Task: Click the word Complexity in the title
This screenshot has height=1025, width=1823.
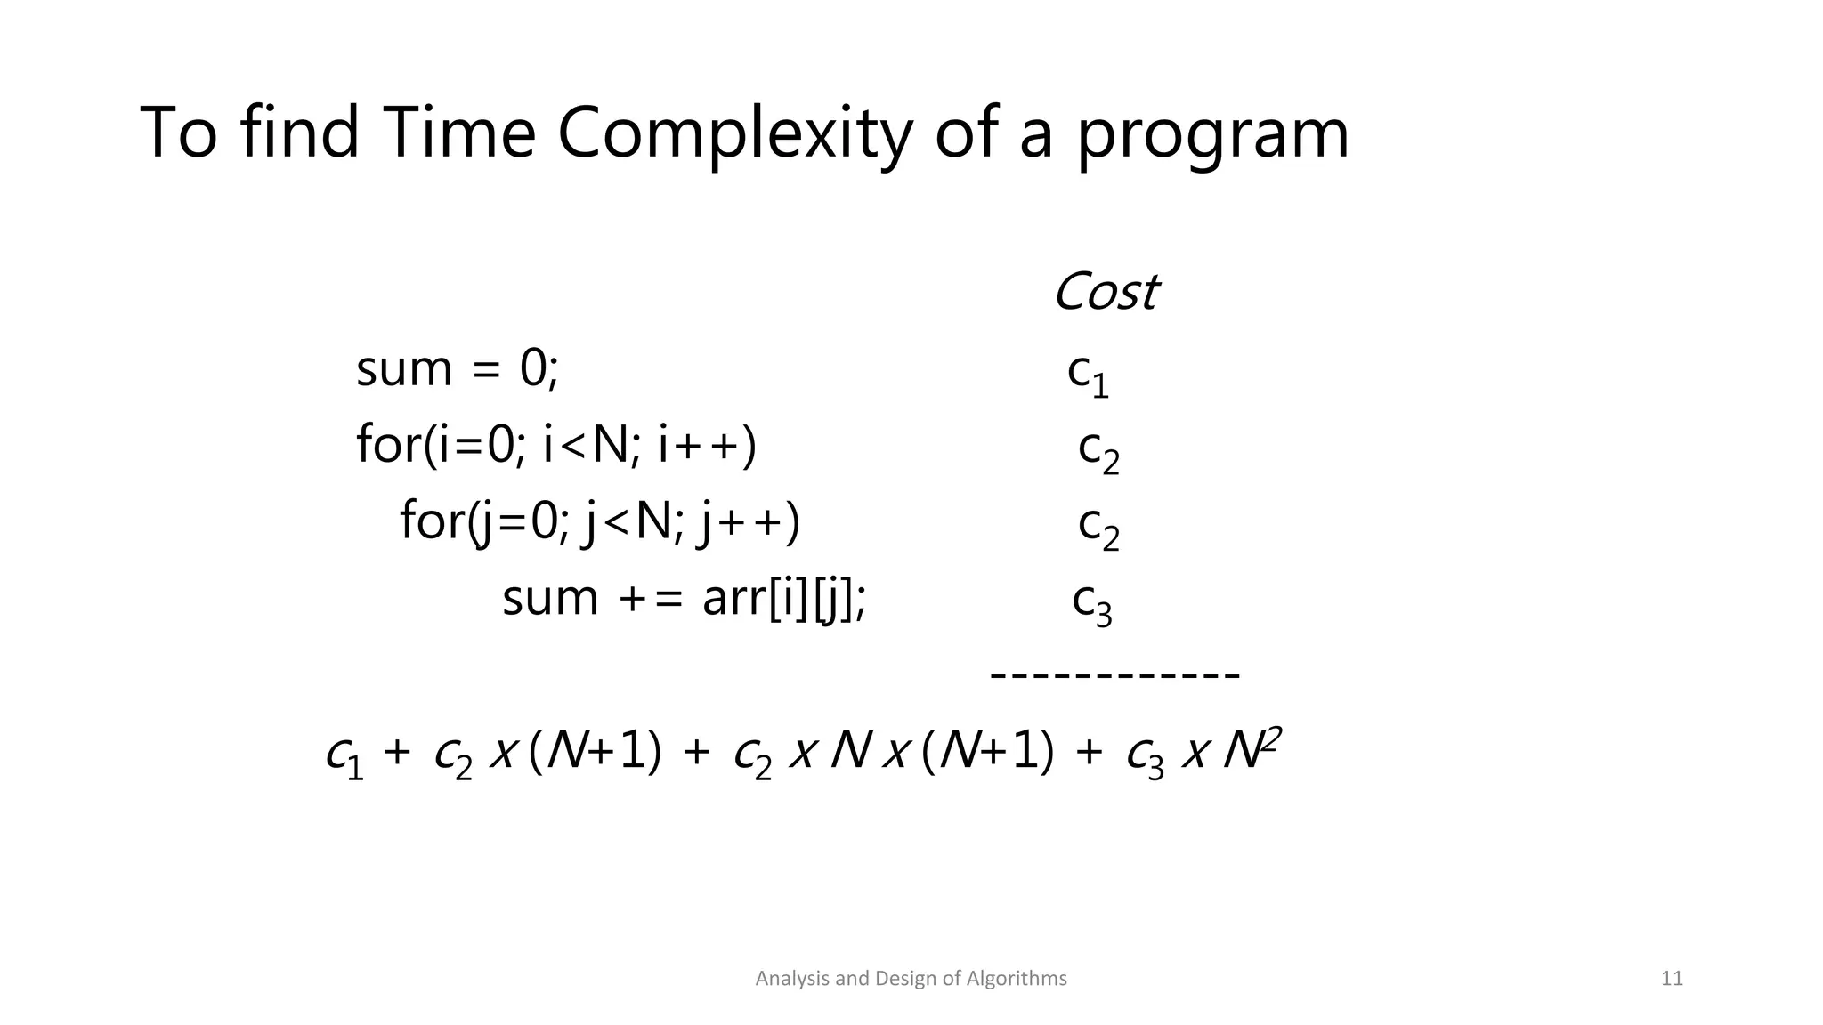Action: tap(734, 133)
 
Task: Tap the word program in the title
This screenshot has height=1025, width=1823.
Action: tap(1212, 135)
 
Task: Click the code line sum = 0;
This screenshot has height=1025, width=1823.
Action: tap(458, 368)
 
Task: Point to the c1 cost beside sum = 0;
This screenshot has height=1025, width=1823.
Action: tap(1088, 374)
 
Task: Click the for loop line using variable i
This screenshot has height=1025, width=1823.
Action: tap(556, 445)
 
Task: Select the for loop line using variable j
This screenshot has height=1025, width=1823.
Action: tap(600, 521)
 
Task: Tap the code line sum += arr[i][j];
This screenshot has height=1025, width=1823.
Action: tap(684, 598)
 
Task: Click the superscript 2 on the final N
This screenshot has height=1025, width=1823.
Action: tap(1272, 738)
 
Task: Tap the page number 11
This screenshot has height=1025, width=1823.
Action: tap(1672, 979)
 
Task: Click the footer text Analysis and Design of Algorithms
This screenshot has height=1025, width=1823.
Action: tap(911, 979)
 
